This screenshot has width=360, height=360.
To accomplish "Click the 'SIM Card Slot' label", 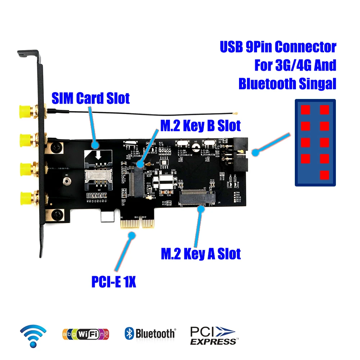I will point(91,98).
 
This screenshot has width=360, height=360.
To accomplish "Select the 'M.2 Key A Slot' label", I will point(201,254).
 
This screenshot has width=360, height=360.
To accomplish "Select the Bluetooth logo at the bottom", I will point(150,333).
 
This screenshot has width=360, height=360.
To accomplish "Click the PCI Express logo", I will point(214,334).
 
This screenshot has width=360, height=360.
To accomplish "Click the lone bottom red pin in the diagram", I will point(324,175).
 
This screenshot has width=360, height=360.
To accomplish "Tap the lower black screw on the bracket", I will point(56,215).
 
